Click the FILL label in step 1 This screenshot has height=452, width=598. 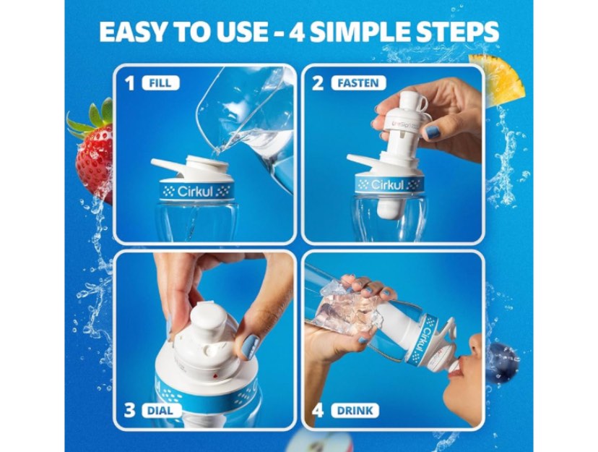(160, 83)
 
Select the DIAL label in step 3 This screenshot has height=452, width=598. (161, 411)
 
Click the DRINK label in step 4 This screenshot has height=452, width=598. (355, 411)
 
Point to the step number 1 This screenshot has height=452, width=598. (130, 83)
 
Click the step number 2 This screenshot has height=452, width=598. (318, 83)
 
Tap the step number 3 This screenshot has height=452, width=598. (130, 411)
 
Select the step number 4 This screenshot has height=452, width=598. (318, 411)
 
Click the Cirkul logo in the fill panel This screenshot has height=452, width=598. (197, 192)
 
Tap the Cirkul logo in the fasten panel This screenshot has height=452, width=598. (391, 185)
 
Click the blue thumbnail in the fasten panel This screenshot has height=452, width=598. (432, 132)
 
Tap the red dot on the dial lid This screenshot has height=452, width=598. (217, 375)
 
